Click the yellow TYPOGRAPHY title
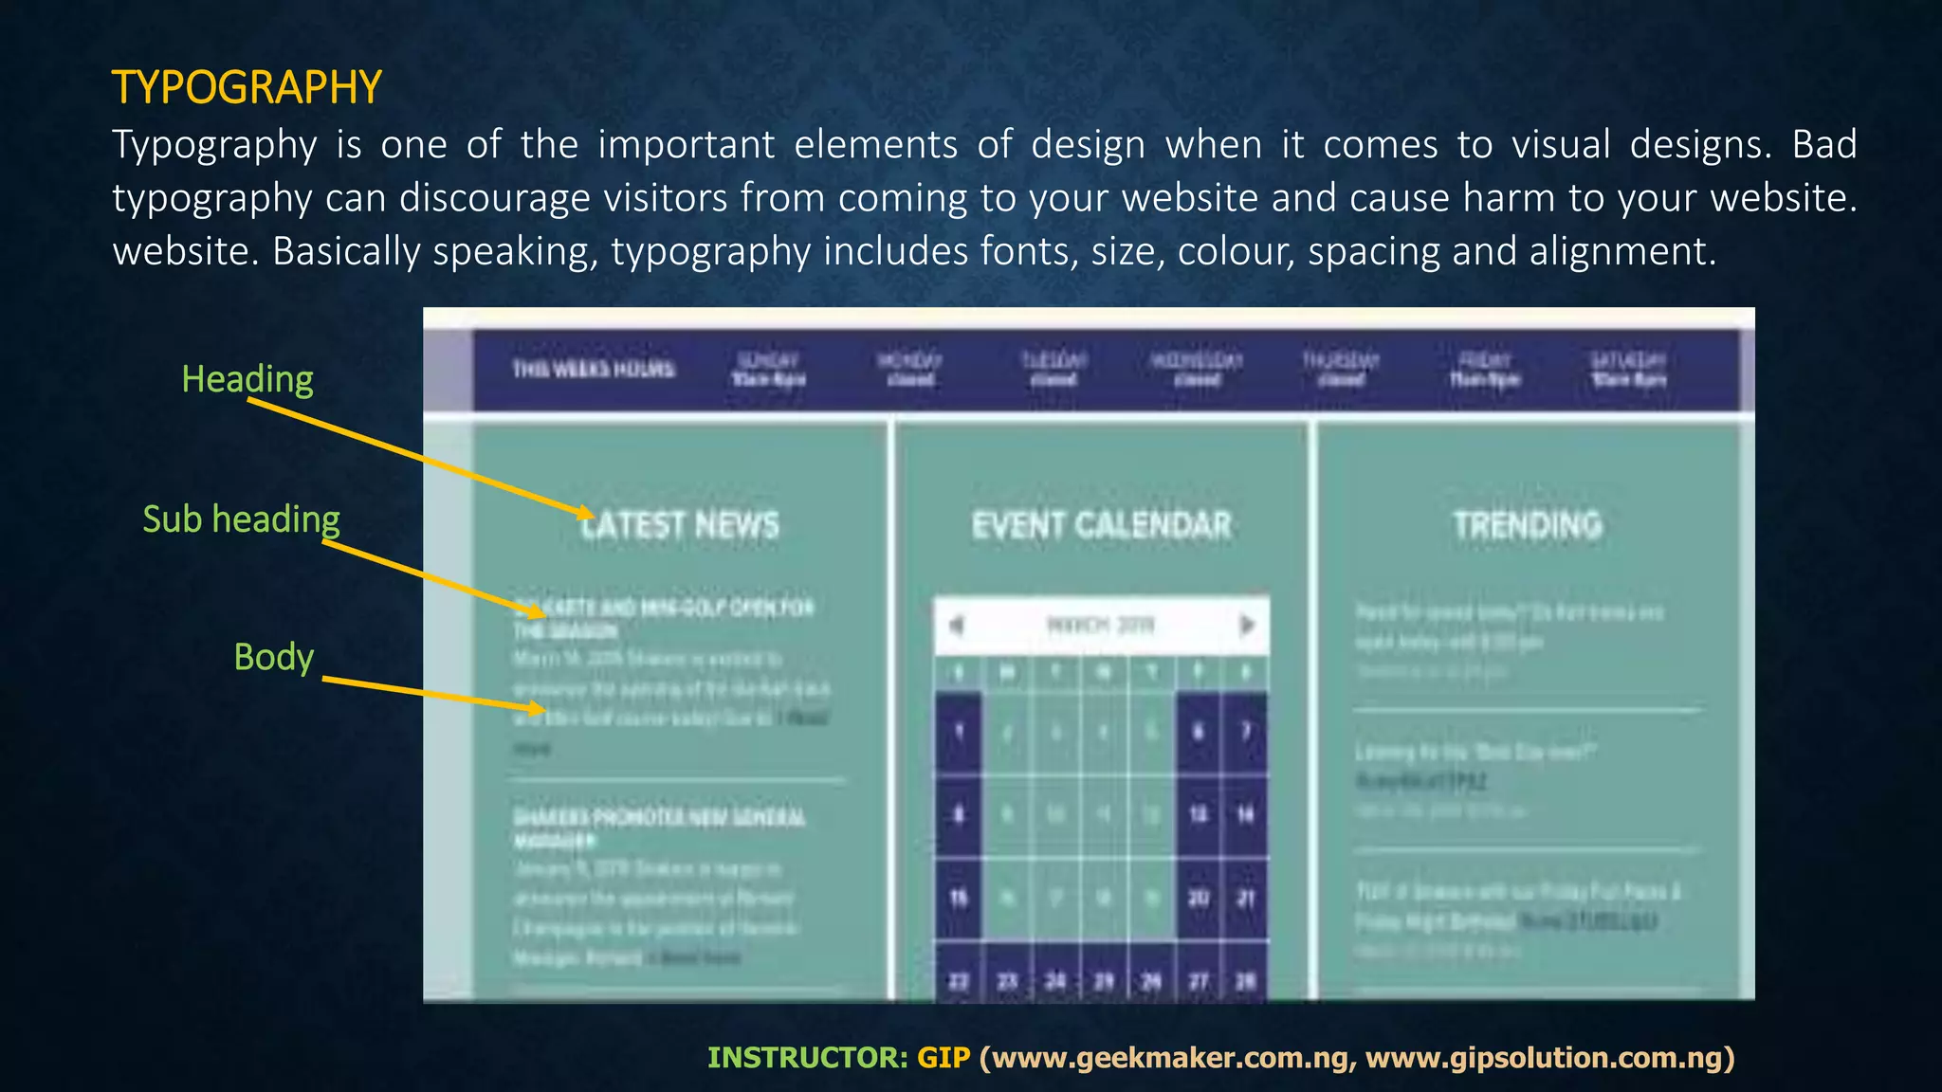click(247, 87)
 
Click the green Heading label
click(247, 379)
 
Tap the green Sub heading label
click(241, 519)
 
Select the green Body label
click(273, 657)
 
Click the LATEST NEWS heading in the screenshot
click(679, 525)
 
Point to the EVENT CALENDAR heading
click(1101, 525)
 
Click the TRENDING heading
click(1528, 525)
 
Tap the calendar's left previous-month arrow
click(957, 626)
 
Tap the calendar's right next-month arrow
click(1247, 626)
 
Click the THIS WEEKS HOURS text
click(594, 369)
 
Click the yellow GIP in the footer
click(944, 1058)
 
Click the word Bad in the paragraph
click(1823, 145)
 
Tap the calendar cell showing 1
click(959, 732)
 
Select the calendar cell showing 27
click(1199, 980)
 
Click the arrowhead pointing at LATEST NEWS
click(586, 513)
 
